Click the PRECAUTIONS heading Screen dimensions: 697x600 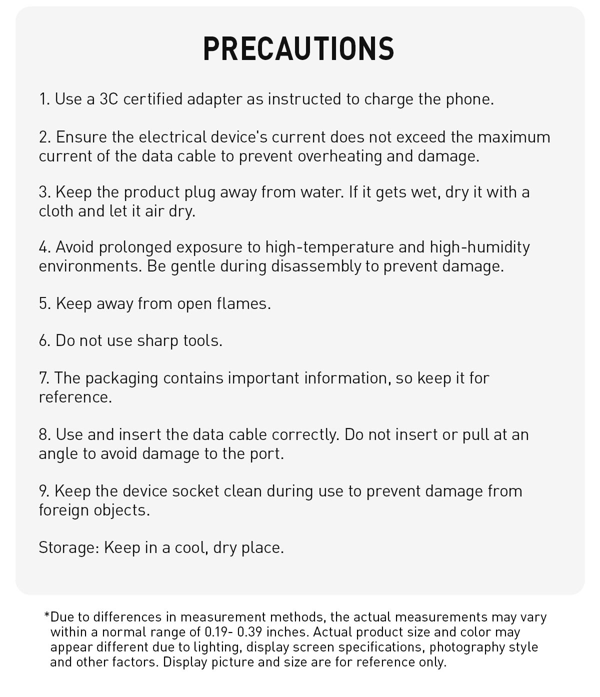click(299, 48)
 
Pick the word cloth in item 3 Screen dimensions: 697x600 click(56, 211)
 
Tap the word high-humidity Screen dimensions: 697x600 click(479, 247)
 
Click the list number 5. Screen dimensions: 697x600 click(44, 303)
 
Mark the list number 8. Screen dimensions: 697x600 click(44, 434)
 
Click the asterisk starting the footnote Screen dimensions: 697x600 click(47, 615)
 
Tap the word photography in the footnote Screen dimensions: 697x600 click(466, 647)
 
